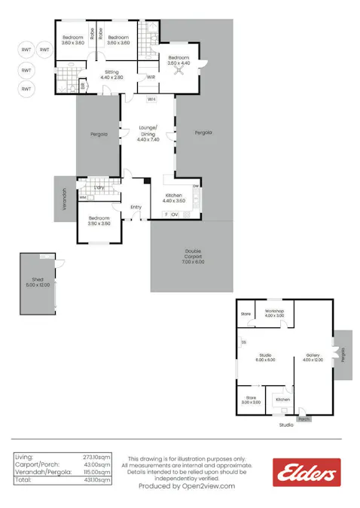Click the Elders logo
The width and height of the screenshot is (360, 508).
pyautogui.click(x=307, y=473)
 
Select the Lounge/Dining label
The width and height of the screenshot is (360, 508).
pyautogui.click(x=148, y=133)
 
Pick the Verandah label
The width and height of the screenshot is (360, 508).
pyautogui.click(x=64, y=199)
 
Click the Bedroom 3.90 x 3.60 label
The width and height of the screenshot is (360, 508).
pyautogui.click(x=99, y=221)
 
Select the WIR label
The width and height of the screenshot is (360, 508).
pyautogui.click(x=151, y=77)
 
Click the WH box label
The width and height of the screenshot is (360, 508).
pyautogui.click(x=151, y=99)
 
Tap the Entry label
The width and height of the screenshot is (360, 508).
pyautogui.click(x=136, y=207)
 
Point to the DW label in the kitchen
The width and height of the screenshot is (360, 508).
pyautogui.click(x=195, y=186)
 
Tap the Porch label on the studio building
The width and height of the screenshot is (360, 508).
pyautogui.click(x=304, y=419)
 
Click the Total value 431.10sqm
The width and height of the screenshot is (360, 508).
pyautogui.click(x=98, y=479)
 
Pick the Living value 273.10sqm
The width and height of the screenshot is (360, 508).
pyautogui.click(x=98, y=457)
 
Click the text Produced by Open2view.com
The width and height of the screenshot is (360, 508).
pyautogui.click(x=187, y=486)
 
